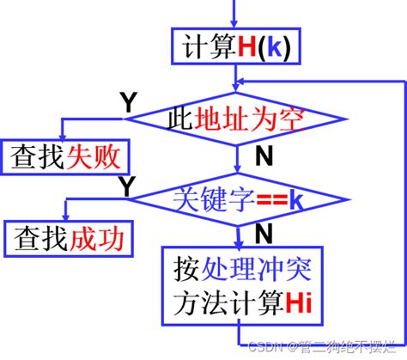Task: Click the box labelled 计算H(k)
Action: click(234, 48)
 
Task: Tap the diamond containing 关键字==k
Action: click(237, 201)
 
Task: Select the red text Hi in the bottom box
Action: click(298, 302)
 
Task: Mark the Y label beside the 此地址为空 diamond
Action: click(127, 103)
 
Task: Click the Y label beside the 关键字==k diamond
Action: click(125, 184)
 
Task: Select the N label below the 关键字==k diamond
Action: click(264, 233)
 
